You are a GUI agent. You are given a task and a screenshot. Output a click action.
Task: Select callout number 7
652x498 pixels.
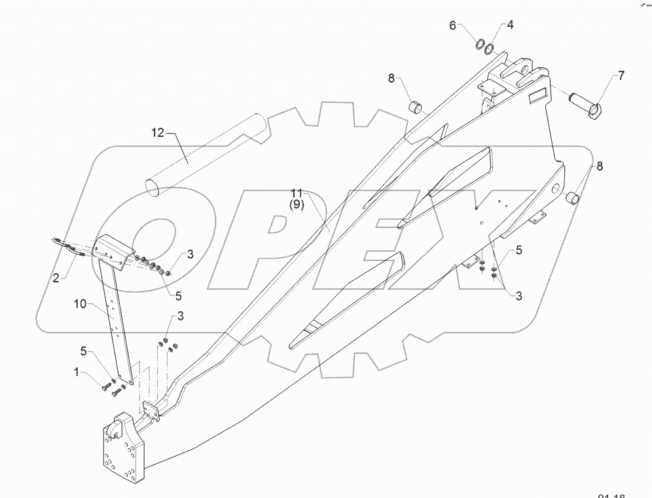[x=619, y=77]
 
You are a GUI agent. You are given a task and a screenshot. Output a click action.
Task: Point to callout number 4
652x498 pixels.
[x=510, y=26]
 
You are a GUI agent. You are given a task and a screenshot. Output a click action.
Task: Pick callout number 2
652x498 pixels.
[x=57, y=278]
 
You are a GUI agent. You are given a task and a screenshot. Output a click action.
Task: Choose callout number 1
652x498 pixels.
[x=77, y=373]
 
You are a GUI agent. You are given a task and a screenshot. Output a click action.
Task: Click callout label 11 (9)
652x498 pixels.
[x=297, y=199]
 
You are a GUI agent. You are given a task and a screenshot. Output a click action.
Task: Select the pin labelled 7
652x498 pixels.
[x=585, y=105]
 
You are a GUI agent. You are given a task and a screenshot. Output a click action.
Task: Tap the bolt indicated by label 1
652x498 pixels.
[x=107, y=388]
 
